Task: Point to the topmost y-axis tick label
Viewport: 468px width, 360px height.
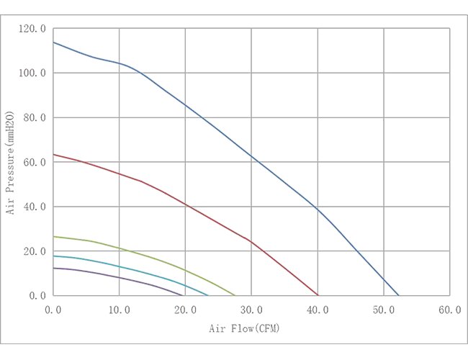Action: click(36, 27)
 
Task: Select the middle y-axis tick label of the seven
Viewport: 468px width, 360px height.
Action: click(36, 161)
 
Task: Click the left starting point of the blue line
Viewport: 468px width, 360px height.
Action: click(54, 42)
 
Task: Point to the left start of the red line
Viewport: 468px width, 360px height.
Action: click(54, 155)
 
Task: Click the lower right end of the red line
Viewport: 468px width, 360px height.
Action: click(318, 294)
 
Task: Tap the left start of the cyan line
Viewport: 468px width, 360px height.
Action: click(55, 254)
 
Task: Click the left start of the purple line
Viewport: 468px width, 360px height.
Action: click(55, 265)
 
